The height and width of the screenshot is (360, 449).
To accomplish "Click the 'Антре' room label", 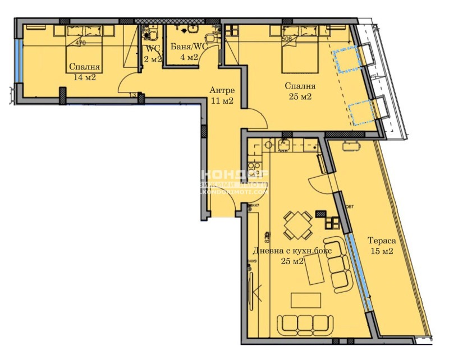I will [x=221, y=90].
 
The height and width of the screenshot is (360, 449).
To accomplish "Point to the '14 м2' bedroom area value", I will [x=84, y=77].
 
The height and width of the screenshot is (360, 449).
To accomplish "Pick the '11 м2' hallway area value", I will [x=221, y=101].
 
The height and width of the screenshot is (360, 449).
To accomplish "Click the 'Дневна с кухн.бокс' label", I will [x=291, y=251].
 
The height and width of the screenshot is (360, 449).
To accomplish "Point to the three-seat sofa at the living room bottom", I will [x=303, y=324].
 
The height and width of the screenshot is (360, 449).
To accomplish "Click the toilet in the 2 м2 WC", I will [x=150, y=35].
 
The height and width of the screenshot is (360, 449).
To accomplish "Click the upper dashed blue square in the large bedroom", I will [x=345, y=59].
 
